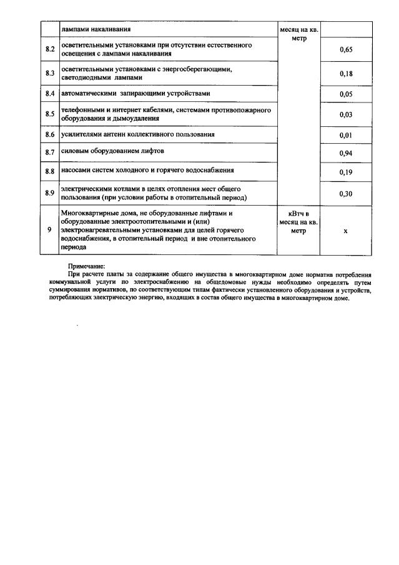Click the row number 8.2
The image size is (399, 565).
[51, 50]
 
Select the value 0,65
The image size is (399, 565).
[346, 50]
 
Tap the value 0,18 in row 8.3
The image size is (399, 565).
[346, 74]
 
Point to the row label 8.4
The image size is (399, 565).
[51, 94]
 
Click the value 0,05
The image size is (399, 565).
[346, 94]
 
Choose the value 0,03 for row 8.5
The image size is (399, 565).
[346, 114]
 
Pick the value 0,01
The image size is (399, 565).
[346, 135]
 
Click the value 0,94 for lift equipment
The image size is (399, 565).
[346, 153]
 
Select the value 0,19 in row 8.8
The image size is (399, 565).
[346, 172]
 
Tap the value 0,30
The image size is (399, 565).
[346, 194]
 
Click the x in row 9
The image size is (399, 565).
[346, 231]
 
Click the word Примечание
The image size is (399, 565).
[87, 266]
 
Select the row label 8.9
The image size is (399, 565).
[51, 193]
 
